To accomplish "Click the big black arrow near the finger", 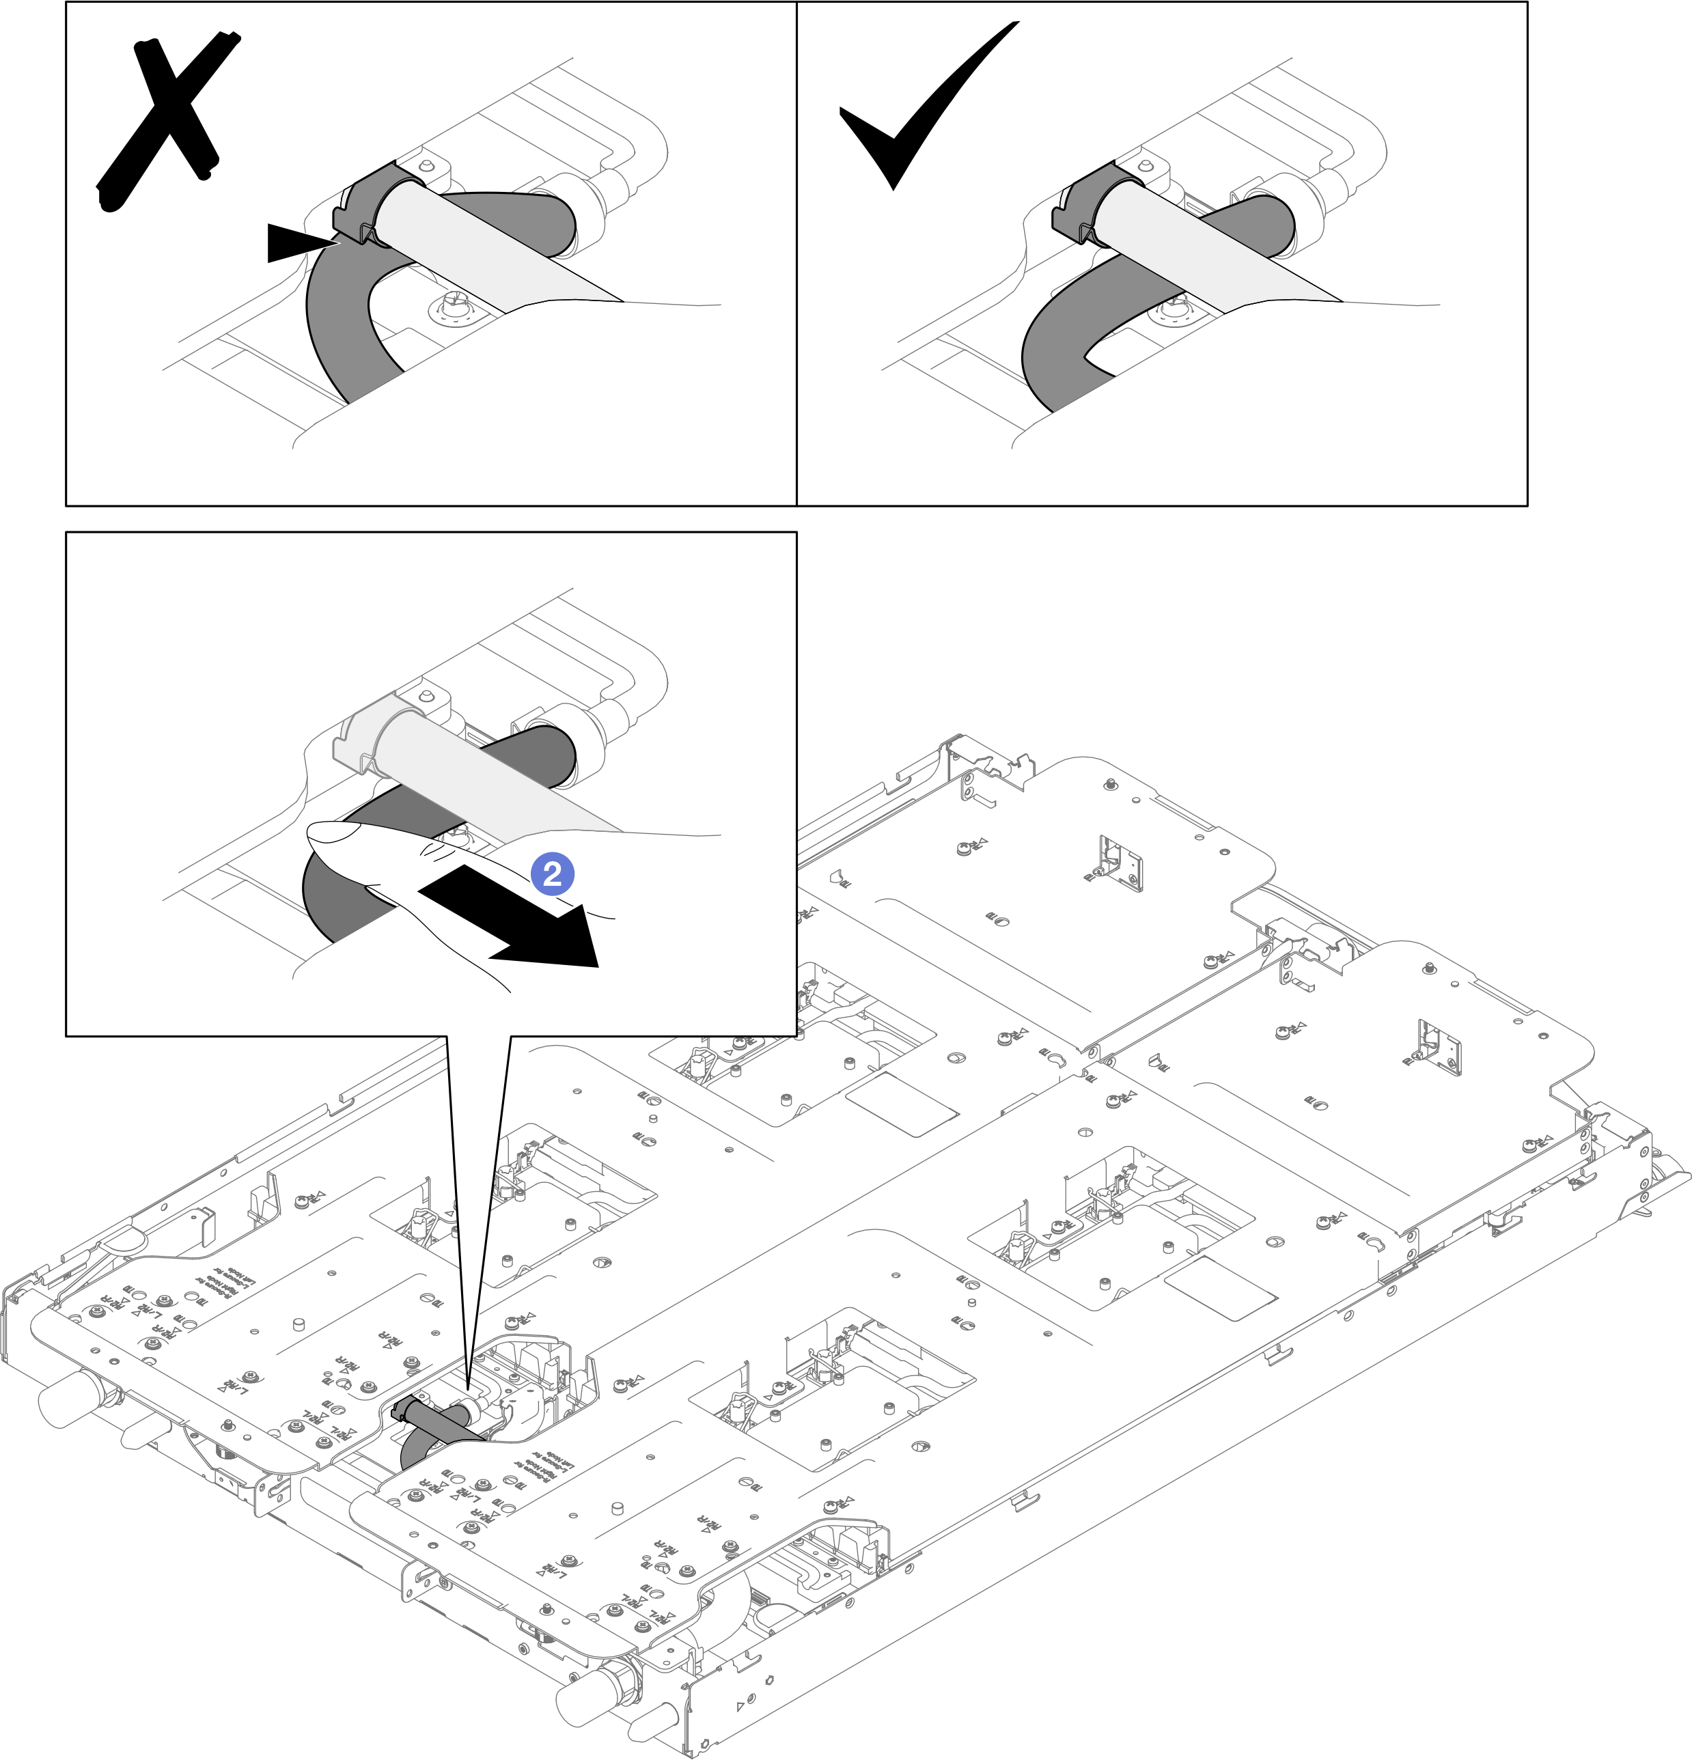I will click(512, 925).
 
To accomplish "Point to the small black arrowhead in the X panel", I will click(301, 243).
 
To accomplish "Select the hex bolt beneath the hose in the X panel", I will click(454, 305).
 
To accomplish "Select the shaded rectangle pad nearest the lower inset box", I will click(901, 1104).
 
